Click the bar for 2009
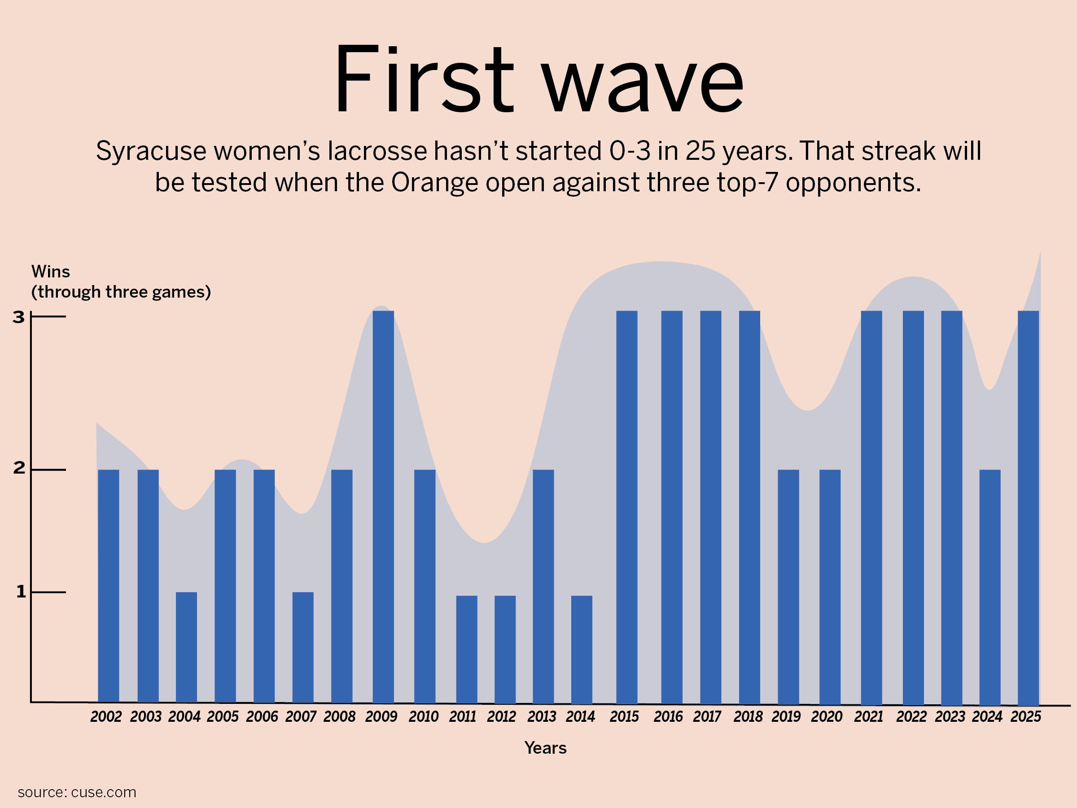tap(383, 506)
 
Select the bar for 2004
tap(187, 647)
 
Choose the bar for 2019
tap(788, 586)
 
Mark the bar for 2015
tap(626, 506)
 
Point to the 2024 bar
tap(990, 586)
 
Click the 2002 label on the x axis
tap(106, 716)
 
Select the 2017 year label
tap(707, 716)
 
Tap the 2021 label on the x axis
tap(869, 716)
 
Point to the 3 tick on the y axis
tap(18, 317)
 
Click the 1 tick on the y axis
tap(21, 592)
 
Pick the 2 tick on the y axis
tap(19, 468)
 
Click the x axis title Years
tap(545, 747)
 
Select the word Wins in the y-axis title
tap(51, 271)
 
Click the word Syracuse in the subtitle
tap(150, 151)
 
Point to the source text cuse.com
tap(103, 792)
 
